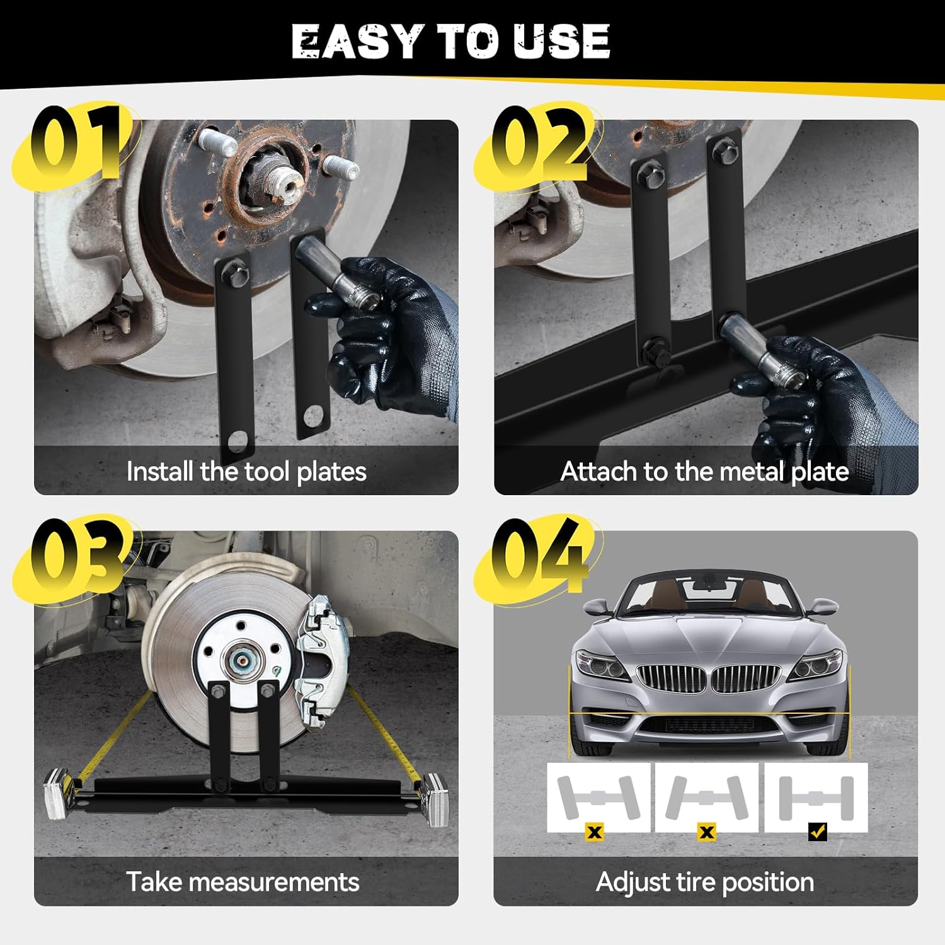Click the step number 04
pos(541,554)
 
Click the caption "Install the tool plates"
pos(246,472)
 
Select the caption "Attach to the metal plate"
pos(704,472)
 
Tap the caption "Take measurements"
pos(243,882)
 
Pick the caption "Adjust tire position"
pos(704,882)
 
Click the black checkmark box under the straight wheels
pos(817,832)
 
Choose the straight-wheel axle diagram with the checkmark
pos(816,798)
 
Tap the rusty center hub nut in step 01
pos(282,183)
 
